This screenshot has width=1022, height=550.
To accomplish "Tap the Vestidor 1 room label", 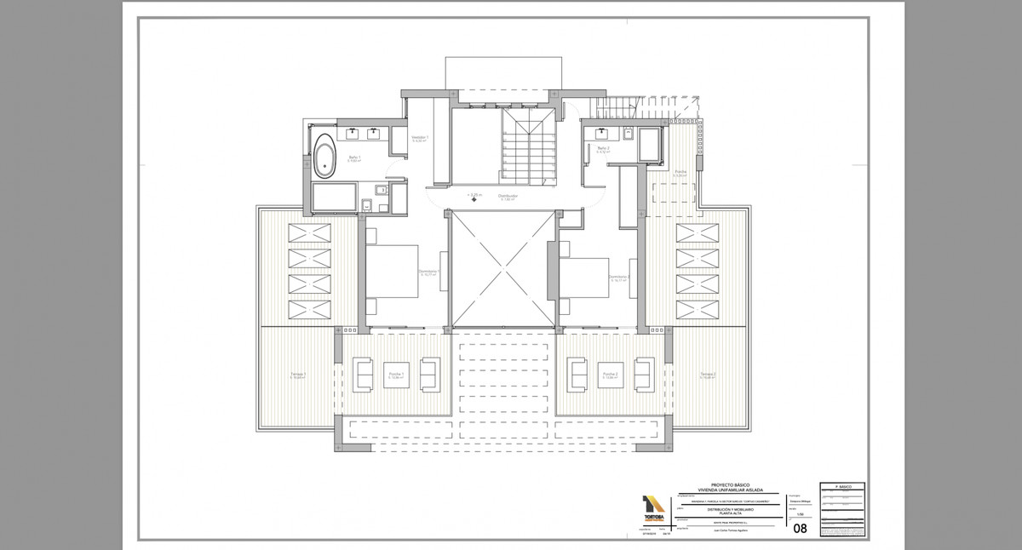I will [420, 138].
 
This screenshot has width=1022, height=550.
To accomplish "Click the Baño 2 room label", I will [603, 150].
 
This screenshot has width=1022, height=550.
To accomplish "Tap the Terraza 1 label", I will [298, 375].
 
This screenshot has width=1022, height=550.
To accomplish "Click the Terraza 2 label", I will [708, 375].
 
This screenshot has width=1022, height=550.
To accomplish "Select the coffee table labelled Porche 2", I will [610, 375].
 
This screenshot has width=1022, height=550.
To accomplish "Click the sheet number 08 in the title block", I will [800, 528].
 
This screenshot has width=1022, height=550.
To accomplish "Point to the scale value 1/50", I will [798, 513].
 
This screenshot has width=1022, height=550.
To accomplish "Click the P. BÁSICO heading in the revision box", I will [843, 487].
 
